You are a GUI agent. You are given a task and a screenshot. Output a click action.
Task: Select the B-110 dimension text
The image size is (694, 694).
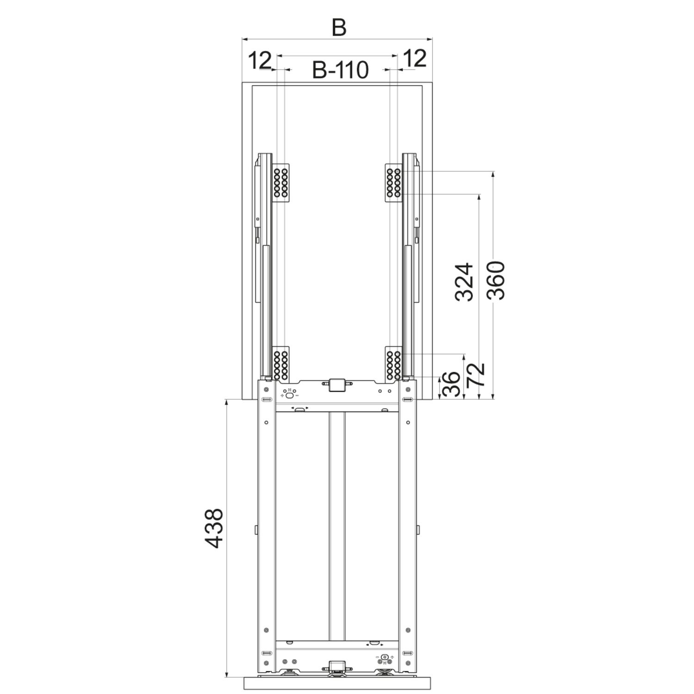coord(340,70)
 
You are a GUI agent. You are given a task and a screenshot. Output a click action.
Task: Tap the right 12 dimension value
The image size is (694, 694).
coord(415,59)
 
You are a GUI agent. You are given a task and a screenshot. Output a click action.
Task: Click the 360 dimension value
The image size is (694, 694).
coord(496,280)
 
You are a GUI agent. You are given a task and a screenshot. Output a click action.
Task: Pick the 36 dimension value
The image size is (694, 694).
coord(452,384)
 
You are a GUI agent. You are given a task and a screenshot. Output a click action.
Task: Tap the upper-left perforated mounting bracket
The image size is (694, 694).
coord(280,183)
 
